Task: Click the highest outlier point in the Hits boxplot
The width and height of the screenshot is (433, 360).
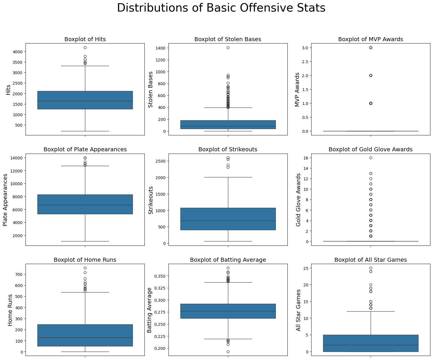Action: [x=85, y=48]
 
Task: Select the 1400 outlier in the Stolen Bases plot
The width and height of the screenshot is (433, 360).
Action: [x=228, y=48]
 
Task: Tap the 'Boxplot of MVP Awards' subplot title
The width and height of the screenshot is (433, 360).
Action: [x=370, y=39]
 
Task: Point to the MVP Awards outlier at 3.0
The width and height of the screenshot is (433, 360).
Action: [x=371, y=48]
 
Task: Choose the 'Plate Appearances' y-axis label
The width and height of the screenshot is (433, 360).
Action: [x=6, y=200]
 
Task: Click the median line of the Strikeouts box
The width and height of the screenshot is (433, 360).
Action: [x=228, y=221]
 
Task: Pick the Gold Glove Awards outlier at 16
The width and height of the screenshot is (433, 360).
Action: [x=371, y=158]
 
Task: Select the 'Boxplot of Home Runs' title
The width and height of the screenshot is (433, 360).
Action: [x=85, y=260]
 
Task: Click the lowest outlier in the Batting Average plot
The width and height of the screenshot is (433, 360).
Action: [x=228, y=352]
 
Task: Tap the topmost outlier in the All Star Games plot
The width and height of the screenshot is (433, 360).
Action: [x=371, y=268]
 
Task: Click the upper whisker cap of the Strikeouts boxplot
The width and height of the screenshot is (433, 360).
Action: [x=228, y=177]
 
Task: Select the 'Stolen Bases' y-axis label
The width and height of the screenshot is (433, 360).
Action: [x=151, y=89]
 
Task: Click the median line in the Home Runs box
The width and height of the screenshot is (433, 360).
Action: [x=85, y=337]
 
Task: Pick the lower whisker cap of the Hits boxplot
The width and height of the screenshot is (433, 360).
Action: [x=85, y=131]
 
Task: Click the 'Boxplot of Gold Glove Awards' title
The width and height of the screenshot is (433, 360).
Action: [x=370, y=150]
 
